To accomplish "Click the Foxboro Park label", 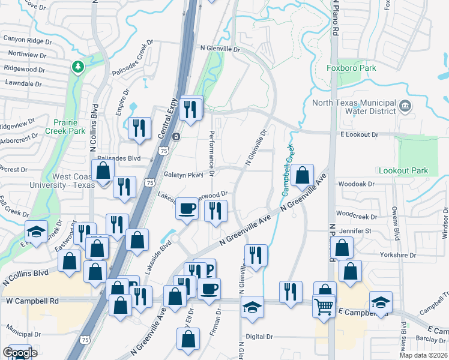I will [x=352, y=68].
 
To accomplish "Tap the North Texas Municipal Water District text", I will [x=354, y=107].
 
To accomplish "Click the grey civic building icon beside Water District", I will [x=405, y=106].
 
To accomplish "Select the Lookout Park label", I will [x=403, y=171].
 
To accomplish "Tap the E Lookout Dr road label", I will [x=357, y=136].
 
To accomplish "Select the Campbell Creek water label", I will [x=288, y=169].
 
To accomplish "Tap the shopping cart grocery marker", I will [x=323, y=307].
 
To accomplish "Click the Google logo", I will [x=20, y=352].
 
